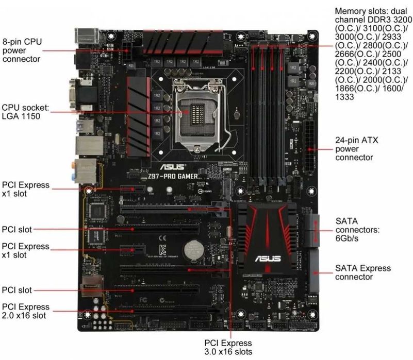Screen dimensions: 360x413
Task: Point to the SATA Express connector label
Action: click(x=362, y=272)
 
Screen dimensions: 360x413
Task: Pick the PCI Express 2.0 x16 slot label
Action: click(x=26, y=311)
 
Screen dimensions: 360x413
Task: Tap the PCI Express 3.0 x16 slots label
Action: click(x=228, y=347)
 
